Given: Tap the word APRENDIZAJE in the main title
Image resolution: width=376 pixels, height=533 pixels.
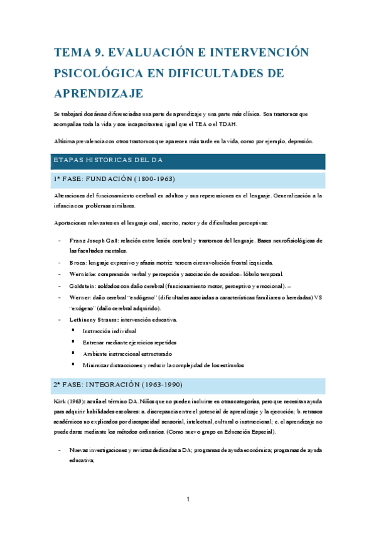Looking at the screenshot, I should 99,93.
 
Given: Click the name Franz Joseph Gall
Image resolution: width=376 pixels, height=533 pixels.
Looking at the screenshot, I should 89,241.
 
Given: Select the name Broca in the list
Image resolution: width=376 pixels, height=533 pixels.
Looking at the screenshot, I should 78,263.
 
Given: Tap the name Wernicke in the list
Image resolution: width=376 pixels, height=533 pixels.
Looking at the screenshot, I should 83,274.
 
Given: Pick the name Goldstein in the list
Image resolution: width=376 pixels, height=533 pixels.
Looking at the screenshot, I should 83,286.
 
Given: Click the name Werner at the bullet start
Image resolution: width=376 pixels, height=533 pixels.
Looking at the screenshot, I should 81,297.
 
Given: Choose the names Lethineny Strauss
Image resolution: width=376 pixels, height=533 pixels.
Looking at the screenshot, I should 95,320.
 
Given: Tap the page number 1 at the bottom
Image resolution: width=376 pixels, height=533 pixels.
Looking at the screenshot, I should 188,500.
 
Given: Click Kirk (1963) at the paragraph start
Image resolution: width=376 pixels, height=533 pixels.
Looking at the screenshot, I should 70,400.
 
